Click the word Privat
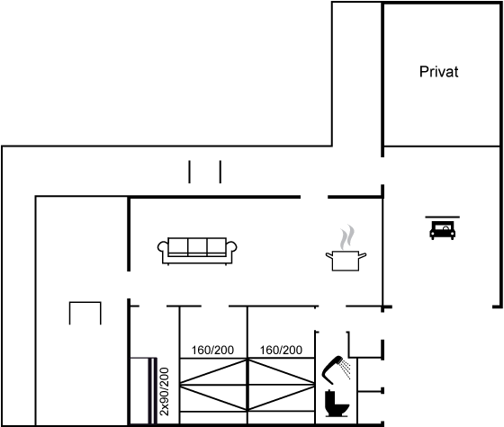439,72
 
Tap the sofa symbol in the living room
197,251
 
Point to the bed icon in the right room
443,230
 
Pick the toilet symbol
337,404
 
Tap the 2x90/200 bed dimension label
164,392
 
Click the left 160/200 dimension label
212,350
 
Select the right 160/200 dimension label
281,350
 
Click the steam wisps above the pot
347,237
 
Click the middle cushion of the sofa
197,246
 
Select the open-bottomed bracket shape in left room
85,302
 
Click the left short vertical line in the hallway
189,172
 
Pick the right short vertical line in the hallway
220,172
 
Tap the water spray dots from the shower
346,369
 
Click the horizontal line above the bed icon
442,217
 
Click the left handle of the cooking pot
328,255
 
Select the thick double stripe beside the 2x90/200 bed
152,391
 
